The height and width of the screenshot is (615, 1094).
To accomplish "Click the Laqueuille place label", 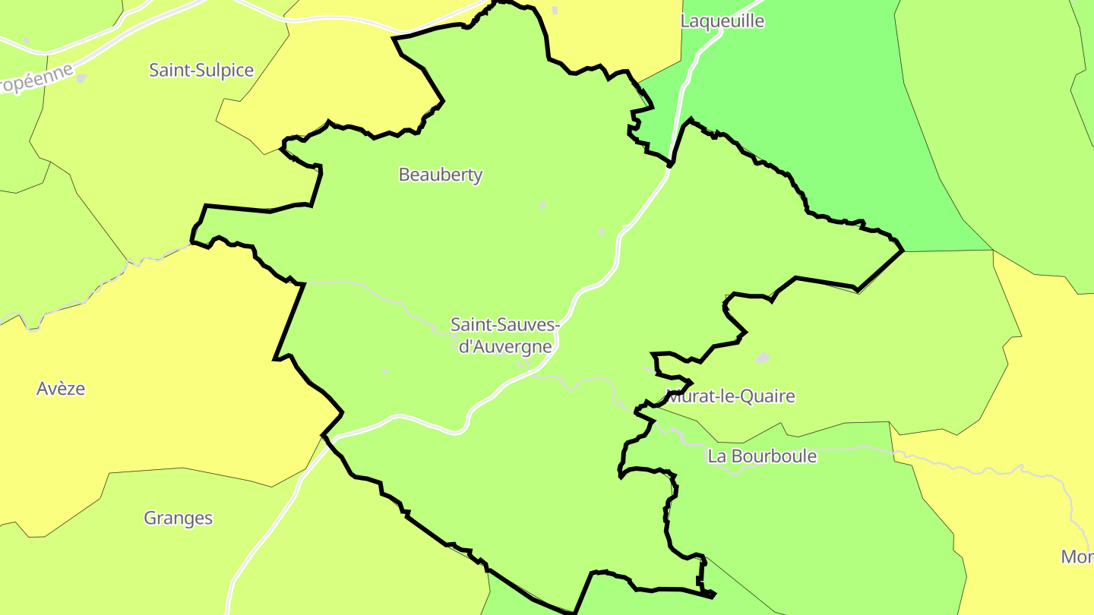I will [x=722, y=21].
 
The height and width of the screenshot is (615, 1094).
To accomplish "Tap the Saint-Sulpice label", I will [x=201, y=71].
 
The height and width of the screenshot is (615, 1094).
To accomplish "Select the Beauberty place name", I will [x=441, y=175].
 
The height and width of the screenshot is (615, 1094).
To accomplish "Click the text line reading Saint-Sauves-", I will [x=505, y=325].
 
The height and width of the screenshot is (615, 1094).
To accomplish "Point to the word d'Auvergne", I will [x=505, y=347].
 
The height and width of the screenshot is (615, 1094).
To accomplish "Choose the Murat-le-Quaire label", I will [x=731, y=396].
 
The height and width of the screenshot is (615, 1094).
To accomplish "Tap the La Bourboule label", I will [x=762, y=456].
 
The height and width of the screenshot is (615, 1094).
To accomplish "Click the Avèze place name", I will [x=61, y=389].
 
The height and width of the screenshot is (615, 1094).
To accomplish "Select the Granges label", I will [x=179, y=519].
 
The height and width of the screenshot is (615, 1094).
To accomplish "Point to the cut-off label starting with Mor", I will [x=1077, y=557].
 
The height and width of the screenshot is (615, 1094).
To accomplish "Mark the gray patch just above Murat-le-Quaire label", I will [x=763, y=358].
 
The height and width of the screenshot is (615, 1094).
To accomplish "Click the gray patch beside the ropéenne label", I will [x=81, y=78].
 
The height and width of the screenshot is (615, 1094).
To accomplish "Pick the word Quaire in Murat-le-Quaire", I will [x=769, y=396].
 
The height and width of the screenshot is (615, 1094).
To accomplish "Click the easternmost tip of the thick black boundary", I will [x=903, y=250].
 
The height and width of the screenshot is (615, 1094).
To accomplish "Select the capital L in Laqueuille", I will [x=685, y=21].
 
